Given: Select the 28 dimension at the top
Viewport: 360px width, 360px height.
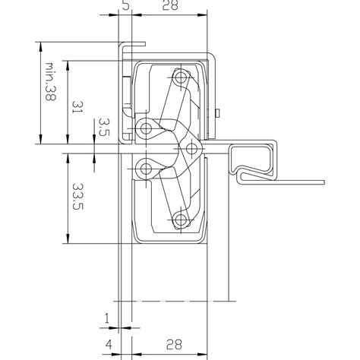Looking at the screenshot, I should pyautogui.click(x=169, y=6).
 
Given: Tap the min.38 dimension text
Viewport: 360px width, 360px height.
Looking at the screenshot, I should pyautogui.click(x=51, y=83).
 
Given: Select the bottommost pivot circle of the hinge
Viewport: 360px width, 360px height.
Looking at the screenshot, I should pyautogui.click(x=180, y=221).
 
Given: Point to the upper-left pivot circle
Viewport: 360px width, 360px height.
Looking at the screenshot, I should pyautogui.click(x=144, y=125).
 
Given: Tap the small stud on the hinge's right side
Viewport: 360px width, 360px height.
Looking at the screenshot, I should pyautogui.click(x=218, y=115).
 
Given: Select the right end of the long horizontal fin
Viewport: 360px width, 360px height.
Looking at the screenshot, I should pyautogui.click(x=323, y=182).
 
